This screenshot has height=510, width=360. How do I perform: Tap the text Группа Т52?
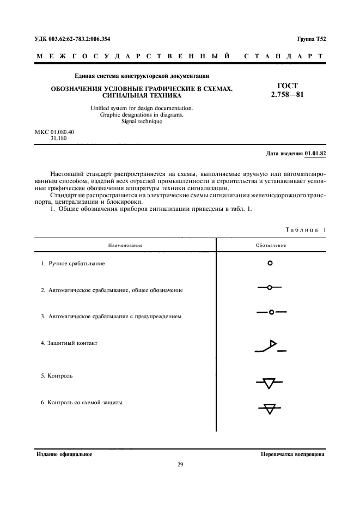coord(311,40)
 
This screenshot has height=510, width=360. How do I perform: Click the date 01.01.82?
coord(315,154)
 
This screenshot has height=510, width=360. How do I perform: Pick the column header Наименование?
coord(125,245)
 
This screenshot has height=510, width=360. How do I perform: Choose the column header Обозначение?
coord(271,245)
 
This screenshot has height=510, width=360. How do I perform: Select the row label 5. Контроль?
coord(57,375)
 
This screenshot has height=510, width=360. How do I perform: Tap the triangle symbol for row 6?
coord(269,408)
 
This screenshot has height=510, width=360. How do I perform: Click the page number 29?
coord(180,465)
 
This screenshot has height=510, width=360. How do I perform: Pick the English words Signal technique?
coord(142,121)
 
